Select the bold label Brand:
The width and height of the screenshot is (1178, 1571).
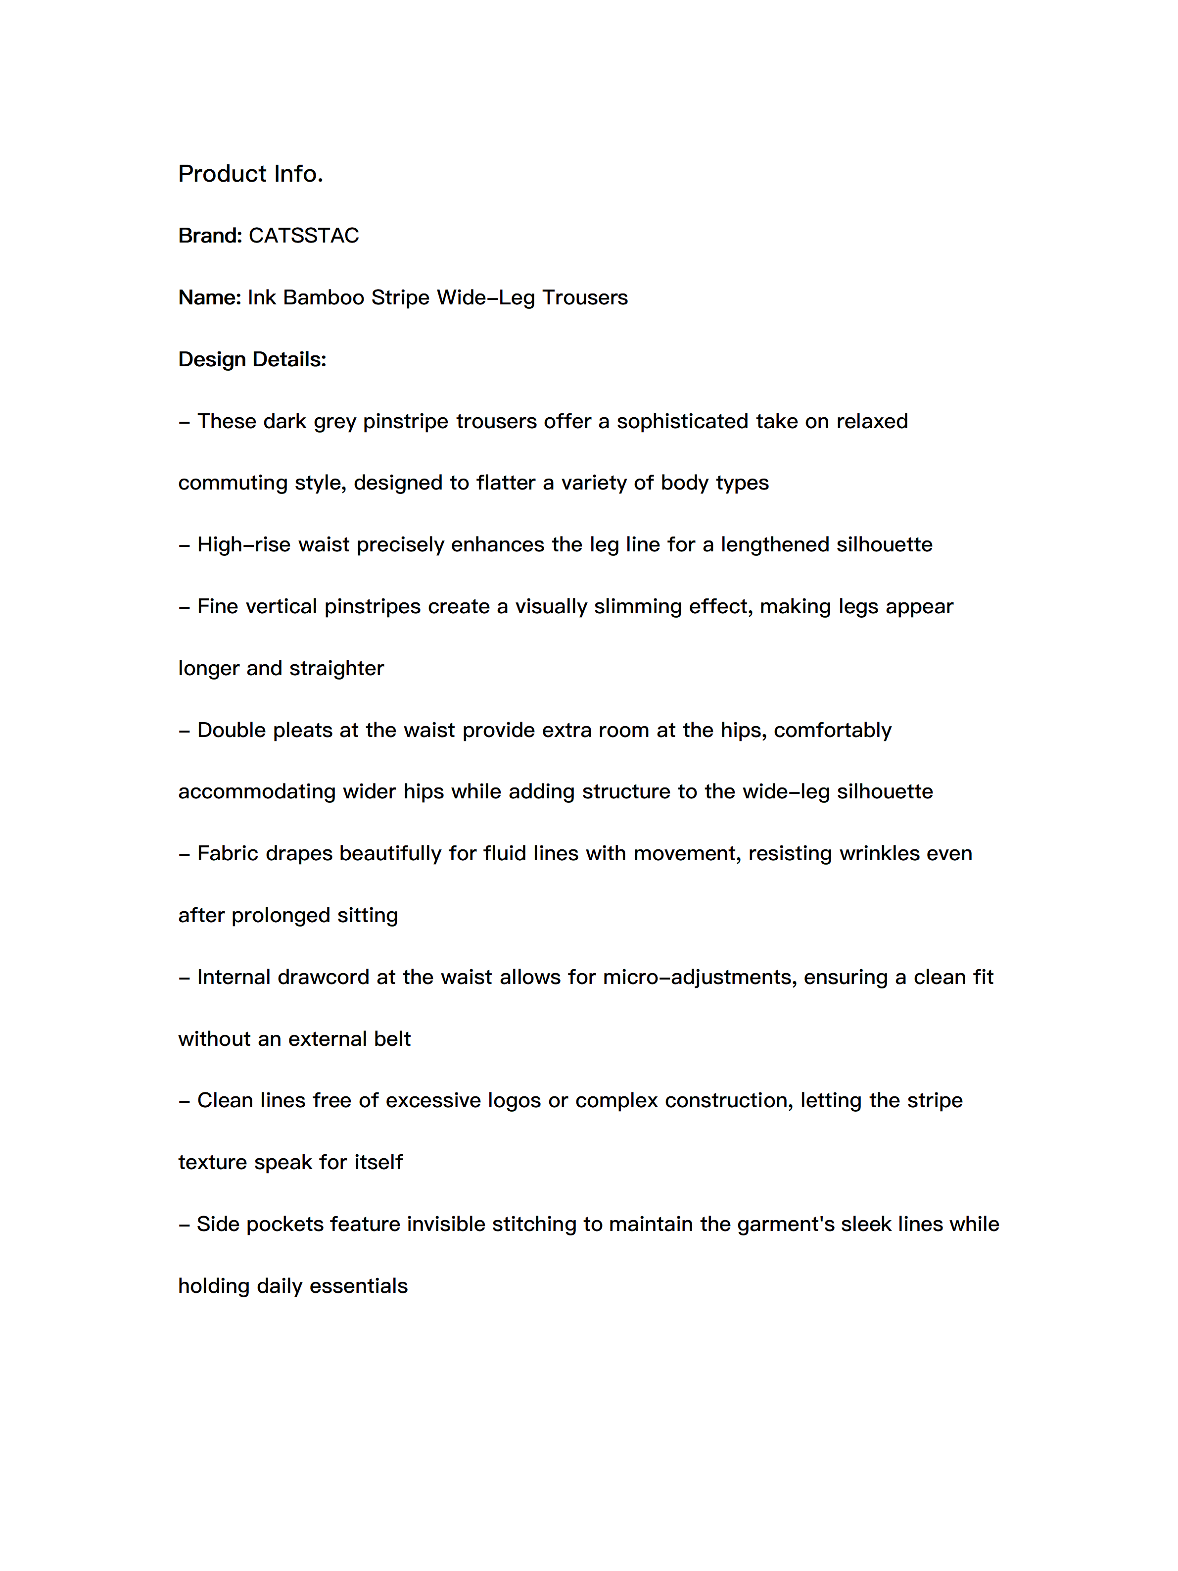[x=210, y=236]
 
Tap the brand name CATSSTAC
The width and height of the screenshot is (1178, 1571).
[x=304, y=236]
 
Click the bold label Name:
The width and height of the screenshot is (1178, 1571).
[x=209, y=297]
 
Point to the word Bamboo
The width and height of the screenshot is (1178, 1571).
[x=323, y=297]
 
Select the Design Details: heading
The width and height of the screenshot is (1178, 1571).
[x=252, y=359]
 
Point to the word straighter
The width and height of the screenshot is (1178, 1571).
[x=336, y=668]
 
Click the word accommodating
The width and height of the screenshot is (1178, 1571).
[x=256, y=792]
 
